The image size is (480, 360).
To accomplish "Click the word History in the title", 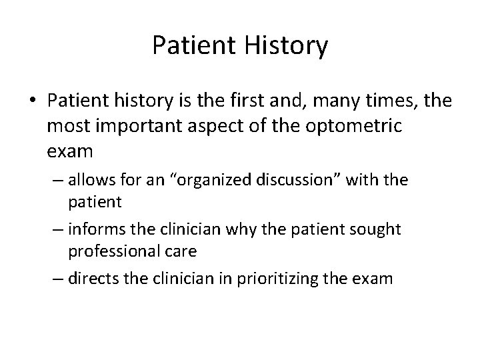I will click(x=287, y=46).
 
